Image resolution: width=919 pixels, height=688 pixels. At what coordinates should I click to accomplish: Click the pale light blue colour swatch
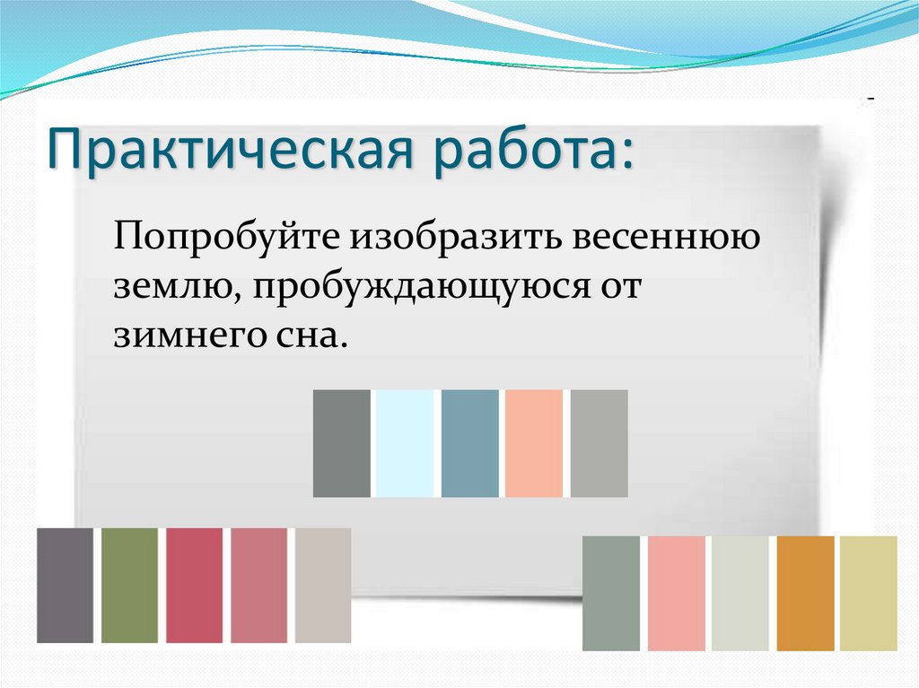pos(404,443)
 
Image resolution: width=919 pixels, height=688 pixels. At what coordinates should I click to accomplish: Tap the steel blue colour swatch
pos(469,443)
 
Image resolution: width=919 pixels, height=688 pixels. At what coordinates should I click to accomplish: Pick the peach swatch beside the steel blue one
pos(534,443)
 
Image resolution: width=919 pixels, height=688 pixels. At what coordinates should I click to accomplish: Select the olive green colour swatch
pos(129,585)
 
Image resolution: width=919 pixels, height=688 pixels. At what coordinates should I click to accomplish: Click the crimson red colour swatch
pos(194,585)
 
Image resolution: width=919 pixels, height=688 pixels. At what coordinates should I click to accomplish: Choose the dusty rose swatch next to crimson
pos(258,585)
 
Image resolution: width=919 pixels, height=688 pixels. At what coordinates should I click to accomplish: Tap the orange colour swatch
pos(805,593)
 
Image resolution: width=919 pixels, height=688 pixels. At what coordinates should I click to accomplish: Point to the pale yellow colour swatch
pos(869,593)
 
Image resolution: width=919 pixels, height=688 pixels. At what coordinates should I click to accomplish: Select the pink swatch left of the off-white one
pos(676,593)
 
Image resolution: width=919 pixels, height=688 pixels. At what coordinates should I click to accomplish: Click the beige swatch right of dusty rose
pos(323,585)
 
